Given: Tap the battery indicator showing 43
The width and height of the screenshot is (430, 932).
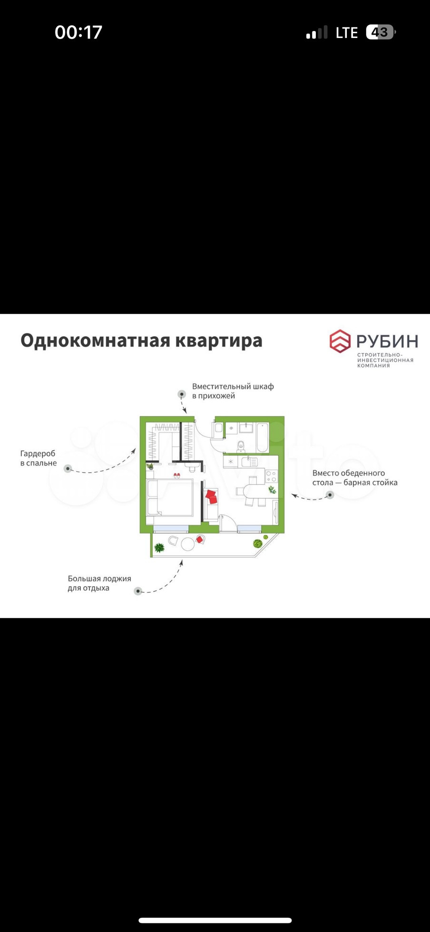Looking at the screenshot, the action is pos(380,32).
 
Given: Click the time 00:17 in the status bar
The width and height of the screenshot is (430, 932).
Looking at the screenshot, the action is pos(78,32).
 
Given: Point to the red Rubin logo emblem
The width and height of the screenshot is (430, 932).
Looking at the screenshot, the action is pos(340,341).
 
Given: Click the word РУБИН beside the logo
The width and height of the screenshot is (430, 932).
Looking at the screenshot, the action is pos(387,341).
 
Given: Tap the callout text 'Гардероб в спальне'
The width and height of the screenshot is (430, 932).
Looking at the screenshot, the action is pos(38,458).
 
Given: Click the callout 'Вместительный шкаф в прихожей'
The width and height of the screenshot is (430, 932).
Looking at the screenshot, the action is pos(233,391).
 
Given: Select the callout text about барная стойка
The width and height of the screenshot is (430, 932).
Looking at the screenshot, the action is pos(354,478).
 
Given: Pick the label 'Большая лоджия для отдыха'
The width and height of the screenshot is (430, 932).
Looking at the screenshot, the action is pos(99,583).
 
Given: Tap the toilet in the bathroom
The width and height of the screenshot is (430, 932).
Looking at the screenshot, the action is pos(241,446).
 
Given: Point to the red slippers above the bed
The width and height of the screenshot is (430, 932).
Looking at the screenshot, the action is pos(176,476).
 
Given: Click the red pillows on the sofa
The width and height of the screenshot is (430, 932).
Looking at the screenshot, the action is pos(211,497).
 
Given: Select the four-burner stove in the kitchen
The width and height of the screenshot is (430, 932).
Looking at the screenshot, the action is pos(271,476).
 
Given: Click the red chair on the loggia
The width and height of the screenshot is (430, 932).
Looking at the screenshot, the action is pos(200,539).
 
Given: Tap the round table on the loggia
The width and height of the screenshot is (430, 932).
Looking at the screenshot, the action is pos(188,544).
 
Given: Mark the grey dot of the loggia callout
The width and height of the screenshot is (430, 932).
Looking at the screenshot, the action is pos(138,591).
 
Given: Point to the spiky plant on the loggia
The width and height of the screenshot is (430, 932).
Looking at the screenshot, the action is pos(159,548).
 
